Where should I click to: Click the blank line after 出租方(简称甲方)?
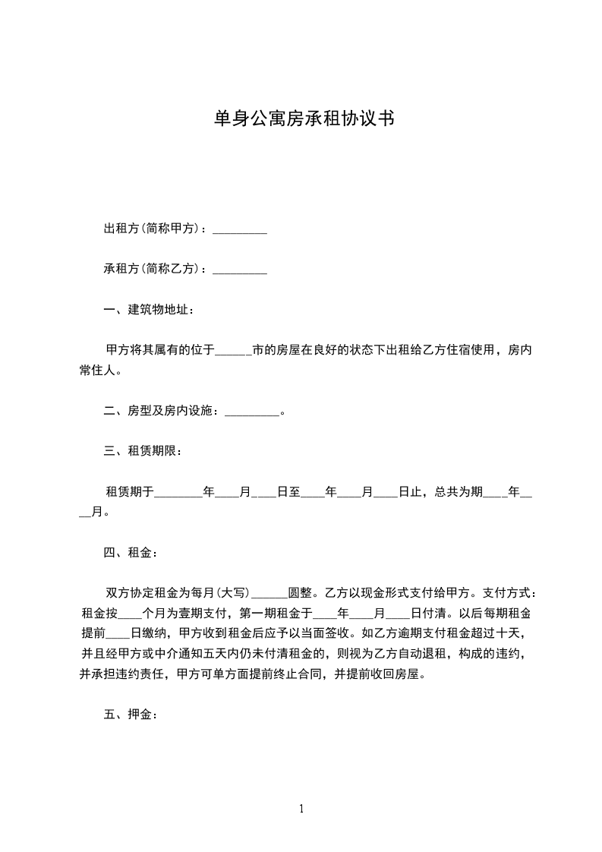239,229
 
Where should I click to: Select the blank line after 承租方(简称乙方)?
239,269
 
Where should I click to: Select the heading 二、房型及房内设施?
161,412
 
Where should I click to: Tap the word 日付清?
430,614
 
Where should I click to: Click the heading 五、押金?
130,715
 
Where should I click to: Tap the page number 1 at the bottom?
301,809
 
